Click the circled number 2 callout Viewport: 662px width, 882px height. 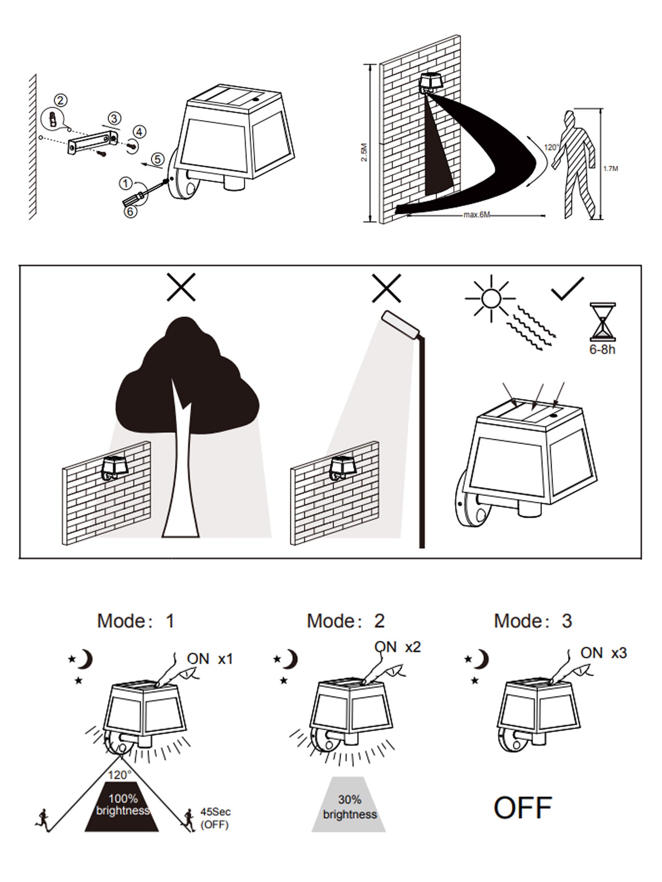61,101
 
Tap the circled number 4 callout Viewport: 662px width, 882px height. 140,131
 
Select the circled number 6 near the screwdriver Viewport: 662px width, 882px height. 130,211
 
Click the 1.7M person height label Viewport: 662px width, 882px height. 610,168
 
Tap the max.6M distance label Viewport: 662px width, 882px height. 477,215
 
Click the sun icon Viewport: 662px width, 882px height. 489,298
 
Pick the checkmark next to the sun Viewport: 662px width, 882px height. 568,289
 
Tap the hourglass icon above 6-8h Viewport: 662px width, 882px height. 602,321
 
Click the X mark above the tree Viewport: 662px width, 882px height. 181,287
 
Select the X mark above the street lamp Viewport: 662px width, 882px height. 387,288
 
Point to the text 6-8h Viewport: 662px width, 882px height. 602,350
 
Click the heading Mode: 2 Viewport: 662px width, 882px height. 346,621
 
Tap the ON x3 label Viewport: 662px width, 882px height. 603,653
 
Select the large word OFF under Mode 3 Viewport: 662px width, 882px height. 523,807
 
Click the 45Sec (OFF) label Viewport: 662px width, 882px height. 215,818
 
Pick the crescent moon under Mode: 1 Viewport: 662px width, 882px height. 86,660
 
